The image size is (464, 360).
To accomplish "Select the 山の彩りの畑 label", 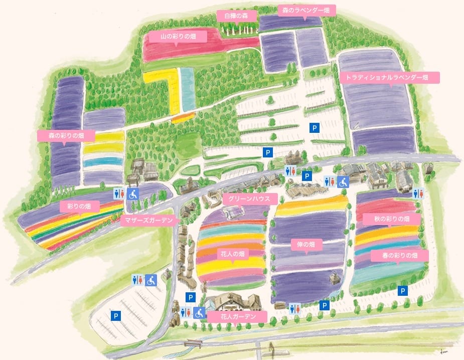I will pos(178,36).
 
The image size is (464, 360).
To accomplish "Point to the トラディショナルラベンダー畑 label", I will pos(390,78).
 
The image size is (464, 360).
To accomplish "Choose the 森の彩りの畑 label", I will pos(66,136).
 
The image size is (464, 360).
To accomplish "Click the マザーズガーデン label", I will pos(149,220).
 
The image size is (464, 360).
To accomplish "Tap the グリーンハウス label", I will pos(249,199).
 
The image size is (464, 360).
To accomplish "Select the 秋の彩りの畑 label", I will pos(392,219).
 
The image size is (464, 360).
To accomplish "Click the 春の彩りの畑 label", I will pos(399,256).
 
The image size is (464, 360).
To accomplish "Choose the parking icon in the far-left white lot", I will pos(115,316).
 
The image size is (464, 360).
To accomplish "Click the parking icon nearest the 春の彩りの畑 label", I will pos(402,290).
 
